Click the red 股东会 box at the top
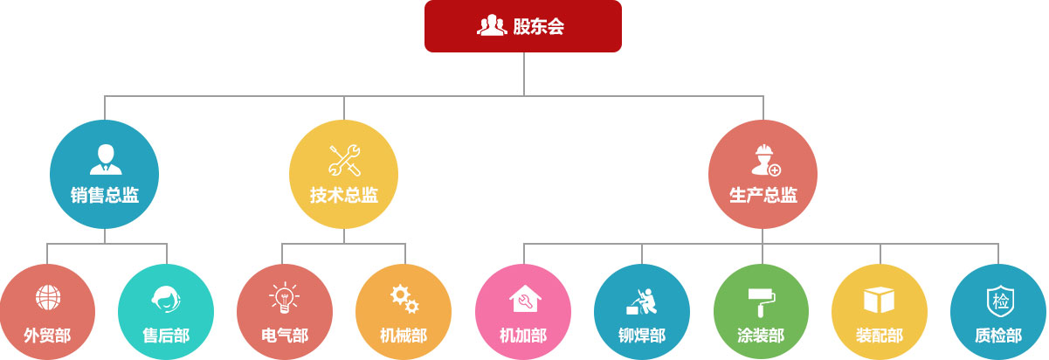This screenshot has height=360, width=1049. [523, 26]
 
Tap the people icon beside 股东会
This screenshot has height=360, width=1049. [492, 24]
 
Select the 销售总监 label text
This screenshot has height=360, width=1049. [105, 195]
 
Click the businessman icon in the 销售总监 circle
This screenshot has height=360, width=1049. [106, 159]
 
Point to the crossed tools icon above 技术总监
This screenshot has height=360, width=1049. [345, 160]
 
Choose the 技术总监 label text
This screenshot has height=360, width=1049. [344, 195]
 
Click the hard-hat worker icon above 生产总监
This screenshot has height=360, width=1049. [766, 160]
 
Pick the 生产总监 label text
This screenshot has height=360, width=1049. [763, 195]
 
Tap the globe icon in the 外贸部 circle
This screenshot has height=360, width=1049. [48, 298]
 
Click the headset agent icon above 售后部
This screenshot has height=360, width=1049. [166, 299]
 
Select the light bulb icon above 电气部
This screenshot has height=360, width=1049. [284, 298]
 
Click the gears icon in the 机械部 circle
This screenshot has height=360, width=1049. [404, 299]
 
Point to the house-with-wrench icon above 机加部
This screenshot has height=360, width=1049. [525, 298]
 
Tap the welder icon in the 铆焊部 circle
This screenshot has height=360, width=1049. [642, 301]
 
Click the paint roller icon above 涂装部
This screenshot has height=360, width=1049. [762, 301]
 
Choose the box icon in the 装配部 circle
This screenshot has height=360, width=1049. [879, 300]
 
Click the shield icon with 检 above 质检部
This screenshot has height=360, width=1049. [1000, 301]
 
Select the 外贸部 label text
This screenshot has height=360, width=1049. [47, 336]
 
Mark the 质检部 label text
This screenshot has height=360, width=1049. [998, 336]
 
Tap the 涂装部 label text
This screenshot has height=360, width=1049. [761, 336]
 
